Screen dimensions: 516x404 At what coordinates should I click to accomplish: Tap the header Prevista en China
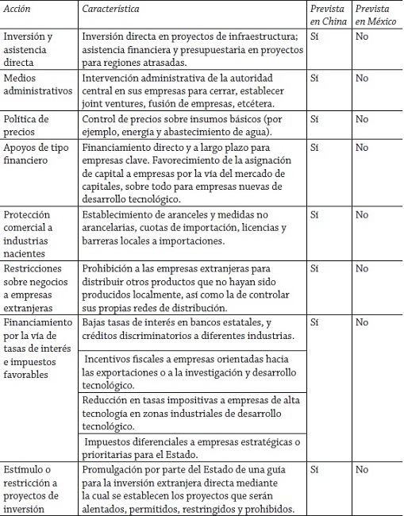328,13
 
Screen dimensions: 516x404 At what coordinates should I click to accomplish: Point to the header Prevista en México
375,13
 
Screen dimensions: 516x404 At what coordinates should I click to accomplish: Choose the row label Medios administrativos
36,84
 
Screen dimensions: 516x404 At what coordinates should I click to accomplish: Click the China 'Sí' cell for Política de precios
317,119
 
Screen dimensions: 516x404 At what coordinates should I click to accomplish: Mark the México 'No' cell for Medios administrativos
362,79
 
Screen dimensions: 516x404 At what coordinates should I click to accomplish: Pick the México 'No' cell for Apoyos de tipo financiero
362,148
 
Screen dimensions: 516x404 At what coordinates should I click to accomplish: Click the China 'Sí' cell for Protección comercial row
317,214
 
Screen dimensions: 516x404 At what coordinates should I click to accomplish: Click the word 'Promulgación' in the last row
115,470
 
